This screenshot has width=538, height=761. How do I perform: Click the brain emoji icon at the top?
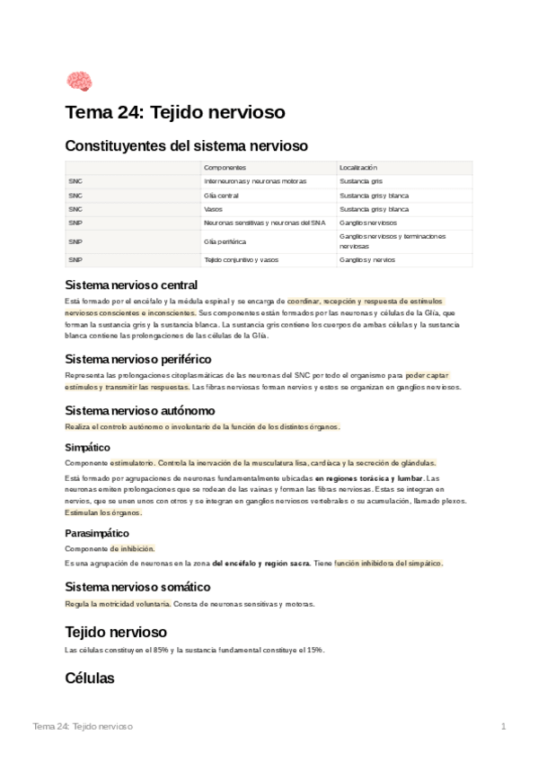(x=79, y=81)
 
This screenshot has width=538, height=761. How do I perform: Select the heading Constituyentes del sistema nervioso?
(x=186, y=145)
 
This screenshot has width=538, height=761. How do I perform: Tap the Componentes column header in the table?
(x=225, y=168)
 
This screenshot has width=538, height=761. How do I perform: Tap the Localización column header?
(x=358, y=168)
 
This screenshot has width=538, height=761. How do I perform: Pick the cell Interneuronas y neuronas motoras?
(x=255, y=181)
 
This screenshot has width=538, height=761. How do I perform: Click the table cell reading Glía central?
(x=222, y=195)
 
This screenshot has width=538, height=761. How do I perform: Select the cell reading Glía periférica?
(x=225, y=241)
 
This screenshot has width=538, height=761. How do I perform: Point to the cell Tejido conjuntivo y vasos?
(x=242, y=260)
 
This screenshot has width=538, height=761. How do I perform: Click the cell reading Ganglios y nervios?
(x=367, y=260)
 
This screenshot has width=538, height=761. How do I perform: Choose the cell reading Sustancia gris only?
(x=361, y=181)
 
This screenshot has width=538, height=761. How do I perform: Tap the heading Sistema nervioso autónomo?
(x=140, y=410)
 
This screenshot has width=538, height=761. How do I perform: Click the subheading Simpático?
(x=88, y=446)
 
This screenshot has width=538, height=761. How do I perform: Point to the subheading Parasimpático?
(x=97, y=533)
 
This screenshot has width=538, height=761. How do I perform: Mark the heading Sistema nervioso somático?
(x=138, y=586)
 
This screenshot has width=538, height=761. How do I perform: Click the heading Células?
(x=90, y=678)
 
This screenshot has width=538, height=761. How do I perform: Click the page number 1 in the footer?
(x=504, y=725)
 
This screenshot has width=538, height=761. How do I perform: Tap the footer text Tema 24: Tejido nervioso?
(x=83, y=725)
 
